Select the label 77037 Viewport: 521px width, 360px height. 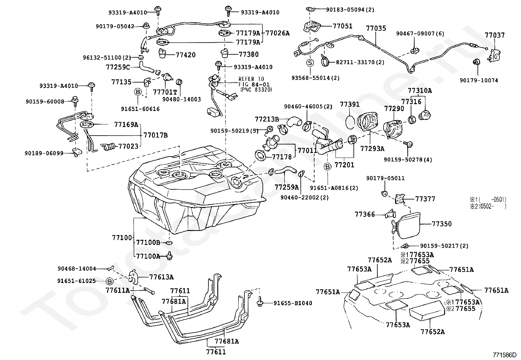(x=495, y=35)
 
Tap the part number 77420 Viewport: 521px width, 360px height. (x=186, y=55)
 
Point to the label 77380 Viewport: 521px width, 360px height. (x=248, y=54)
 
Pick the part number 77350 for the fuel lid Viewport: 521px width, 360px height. (x=441, y=224)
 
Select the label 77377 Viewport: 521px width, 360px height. (x=425, y=199)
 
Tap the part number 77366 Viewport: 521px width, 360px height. (x=365, y=214)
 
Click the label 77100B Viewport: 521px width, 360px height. (x=148, y=242)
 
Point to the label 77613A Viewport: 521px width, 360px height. (x=161, y=277)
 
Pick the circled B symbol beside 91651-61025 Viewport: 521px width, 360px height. (x=110, y=281)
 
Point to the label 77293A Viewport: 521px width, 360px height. (x=372, y=148)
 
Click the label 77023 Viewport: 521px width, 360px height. (x=128, y=146)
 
